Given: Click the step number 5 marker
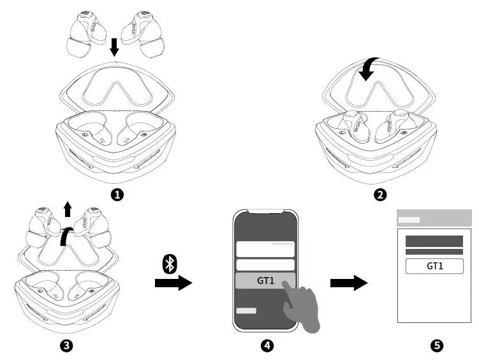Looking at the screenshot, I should [436, 345].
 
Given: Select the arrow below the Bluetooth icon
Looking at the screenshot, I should [173, 283].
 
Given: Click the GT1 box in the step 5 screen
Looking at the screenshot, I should [434, 266].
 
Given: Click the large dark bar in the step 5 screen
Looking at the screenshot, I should [434, 241].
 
